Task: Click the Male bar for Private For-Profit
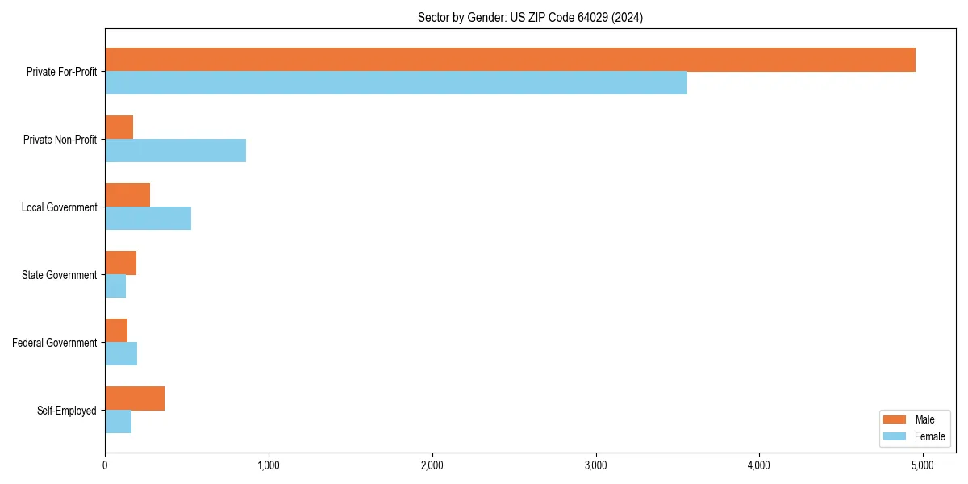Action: click(510, 60)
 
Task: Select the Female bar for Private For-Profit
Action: click(396, 83)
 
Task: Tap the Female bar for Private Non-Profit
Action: click(175, 151)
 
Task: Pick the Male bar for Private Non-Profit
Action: click(119, 127)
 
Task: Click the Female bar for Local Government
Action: click(148, 219)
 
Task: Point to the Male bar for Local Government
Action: click(127, 195)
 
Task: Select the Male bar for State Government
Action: click(121, 263)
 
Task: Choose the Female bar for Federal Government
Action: click(121, 354)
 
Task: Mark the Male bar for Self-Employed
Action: click(135, 398)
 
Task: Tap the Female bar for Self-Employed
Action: click(119, 422)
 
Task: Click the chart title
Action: click(530, 17)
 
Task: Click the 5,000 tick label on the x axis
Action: click(922, 465)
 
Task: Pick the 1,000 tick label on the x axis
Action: click(268, 465)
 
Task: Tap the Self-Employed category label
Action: click(67, 411)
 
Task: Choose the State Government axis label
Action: click(60, 275)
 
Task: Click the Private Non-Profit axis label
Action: click(60, 140)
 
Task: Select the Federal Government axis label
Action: click(55, 343)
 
